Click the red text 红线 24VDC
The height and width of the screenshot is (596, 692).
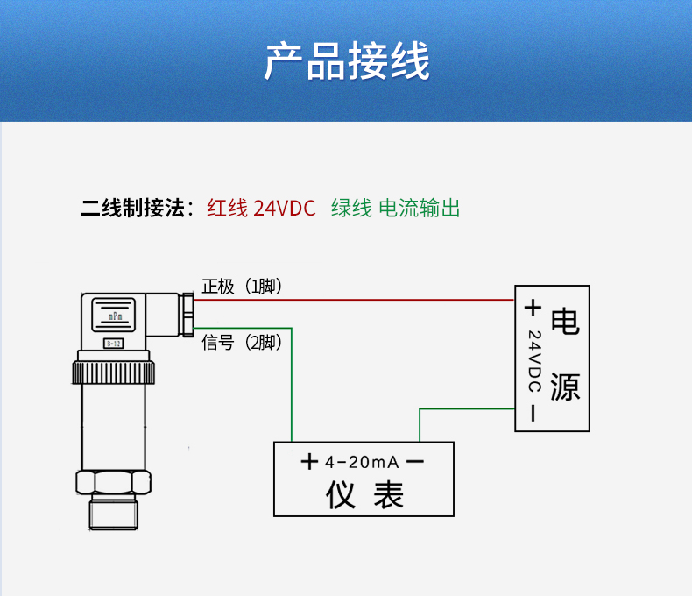click(x=260, y=209)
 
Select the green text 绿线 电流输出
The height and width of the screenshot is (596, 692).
click(x=395, y=209)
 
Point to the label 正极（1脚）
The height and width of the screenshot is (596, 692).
click(x=243, y=287)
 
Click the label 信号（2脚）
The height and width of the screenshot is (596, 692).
click(x=243, y=342)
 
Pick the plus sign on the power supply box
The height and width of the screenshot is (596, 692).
click(x=532, y=308)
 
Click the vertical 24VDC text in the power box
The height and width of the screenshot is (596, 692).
click(x=533, y=361)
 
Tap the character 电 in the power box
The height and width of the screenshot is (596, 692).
click(x=565, y=322)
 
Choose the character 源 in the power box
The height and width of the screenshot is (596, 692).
click(x=565, y=386)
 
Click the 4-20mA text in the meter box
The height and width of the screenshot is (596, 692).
click(x=361, y=462)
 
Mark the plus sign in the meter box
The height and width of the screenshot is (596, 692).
click(x=309, y=462)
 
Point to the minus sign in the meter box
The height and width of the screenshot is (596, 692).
click(x=416, y=462)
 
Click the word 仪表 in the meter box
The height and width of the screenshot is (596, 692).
click(x=364, y=495)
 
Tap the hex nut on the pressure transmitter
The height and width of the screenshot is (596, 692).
click(x=113, y=482)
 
